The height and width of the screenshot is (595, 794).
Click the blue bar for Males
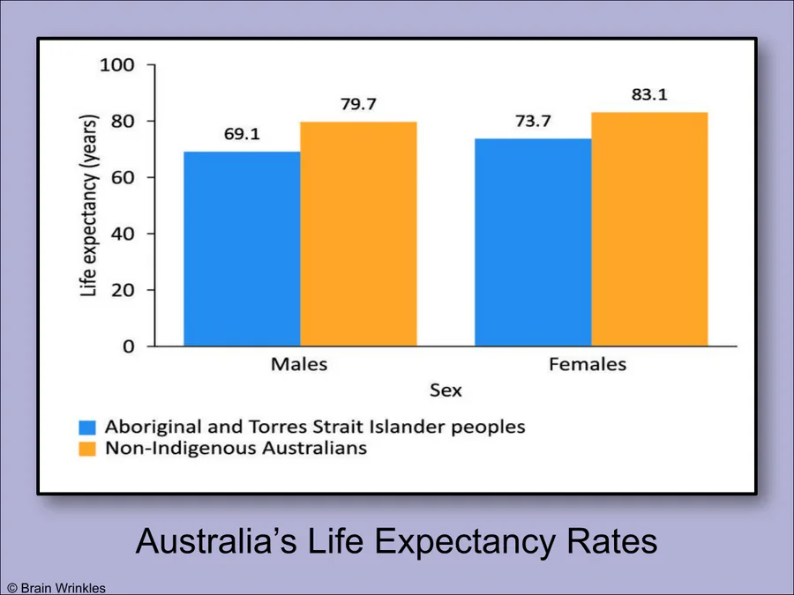point(242,249)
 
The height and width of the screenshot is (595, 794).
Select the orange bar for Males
point(358,234)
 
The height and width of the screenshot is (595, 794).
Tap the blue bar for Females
point(533,242)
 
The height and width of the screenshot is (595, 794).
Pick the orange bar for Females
point(649,229)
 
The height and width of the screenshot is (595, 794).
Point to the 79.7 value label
point(358,105)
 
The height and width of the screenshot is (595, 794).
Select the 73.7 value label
point(533,122)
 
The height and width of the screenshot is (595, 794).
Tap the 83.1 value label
point(649,94)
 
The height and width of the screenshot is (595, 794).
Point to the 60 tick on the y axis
point(123,177)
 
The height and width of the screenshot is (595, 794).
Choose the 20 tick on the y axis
point(123,290)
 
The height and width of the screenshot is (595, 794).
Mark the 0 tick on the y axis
point(129,346)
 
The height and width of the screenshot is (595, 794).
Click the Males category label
point(299,364)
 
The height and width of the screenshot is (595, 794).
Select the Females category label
point(588,364)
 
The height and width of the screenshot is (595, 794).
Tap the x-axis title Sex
point(446,390)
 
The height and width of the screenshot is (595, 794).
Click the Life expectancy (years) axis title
point(90,205)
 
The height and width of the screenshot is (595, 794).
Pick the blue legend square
point(86,427)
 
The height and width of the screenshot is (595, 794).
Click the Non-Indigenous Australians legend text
point(236,449)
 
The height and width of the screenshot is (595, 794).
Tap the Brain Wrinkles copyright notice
point(56,587)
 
